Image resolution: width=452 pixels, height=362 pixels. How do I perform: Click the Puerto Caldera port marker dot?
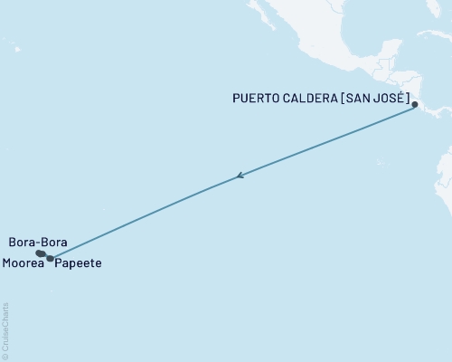(416, 106)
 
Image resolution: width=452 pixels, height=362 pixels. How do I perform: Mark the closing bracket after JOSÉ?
(410, 98)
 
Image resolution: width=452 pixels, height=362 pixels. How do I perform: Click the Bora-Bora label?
(36, 243)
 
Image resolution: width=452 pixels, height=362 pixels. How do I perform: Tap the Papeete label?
(78, 263)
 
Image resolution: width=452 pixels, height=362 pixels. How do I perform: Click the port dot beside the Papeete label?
(51, 259)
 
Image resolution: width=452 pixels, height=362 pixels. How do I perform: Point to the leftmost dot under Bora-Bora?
(38, 253)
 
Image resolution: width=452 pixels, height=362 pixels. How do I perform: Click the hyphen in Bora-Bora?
(35, 243)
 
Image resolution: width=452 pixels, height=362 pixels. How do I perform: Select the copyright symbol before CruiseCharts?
(5, 357)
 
